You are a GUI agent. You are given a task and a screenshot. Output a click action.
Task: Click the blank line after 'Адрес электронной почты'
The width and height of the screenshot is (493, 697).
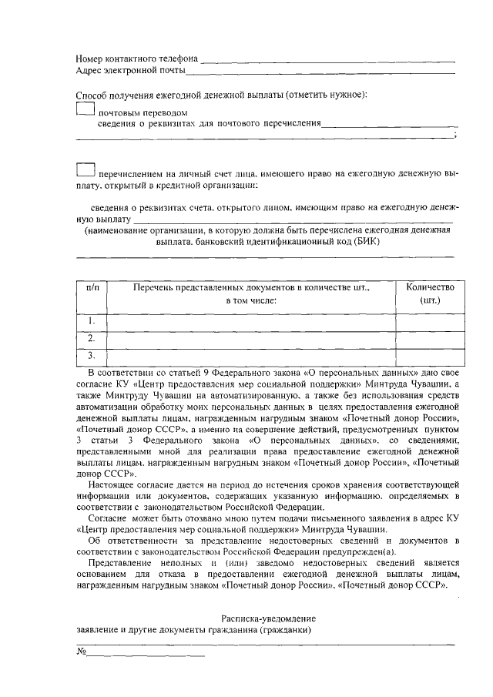pyautogui.click(x=320, y=73)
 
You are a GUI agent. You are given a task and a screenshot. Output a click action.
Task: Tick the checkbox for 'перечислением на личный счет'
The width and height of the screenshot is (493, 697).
pyautogui.click(x=86, y=169)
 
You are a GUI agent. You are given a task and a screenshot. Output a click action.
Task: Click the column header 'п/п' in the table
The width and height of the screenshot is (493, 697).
pyautogui.click(x=92, y=287)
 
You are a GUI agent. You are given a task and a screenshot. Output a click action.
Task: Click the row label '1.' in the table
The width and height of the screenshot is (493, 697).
pyautogui.click(x=92, y=321)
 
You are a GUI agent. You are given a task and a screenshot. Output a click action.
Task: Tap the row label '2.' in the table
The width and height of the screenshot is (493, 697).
pyautogui.click(x=92, y=338)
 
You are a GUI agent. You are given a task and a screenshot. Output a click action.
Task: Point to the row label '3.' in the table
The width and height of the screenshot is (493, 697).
pyautogui.click(x=92, y=355)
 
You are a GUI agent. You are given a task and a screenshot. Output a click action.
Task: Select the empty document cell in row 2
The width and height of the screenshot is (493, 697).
pyautogui.click(x=251, y=338)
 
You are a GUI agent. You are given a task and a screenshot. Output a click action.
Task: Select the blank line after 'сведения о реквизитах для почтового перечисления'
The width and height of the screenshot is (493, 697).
pyautogui.click(x=390, y=124)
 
